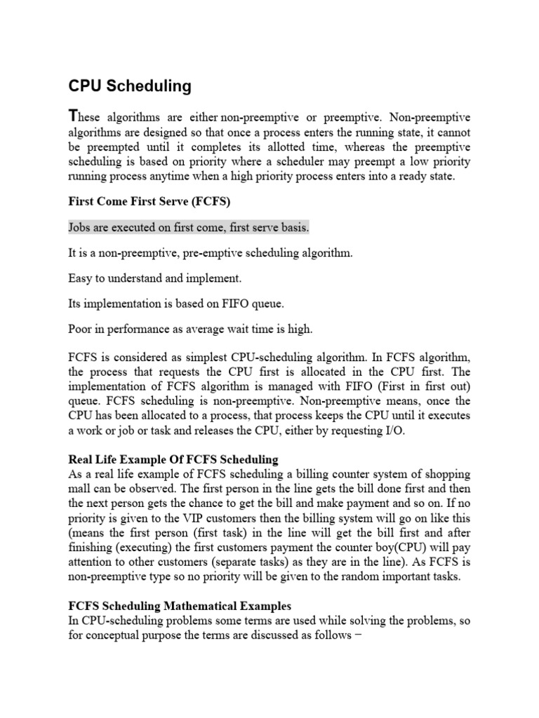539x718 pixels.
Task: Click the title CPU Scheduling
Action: tap(130, 86)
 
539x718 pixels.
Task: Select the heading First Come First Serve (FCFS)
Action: tap(149, 201)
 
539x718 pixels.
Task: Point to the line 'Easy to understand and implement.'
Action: tap(154, 278)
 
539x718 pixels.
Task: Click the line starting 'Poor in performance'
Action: tap(190, 329)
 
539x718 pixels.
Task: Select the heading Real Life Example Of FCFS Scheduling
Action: tap(173, 460)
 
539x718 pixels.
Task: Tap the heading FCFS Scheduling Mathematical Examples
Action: tap(180, 605)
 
